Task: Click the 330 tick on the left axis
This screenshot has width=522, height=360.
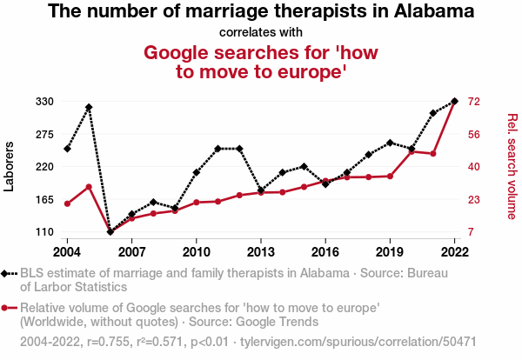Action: tap(43, 102)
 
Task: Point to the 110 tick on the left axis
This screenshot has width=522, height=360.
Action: tap(43, 232)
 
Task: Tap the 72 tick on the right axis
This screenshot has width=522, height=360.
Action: tap(473, 102)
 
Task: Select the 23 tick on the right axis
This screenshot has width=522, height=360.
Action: tap(473, 200)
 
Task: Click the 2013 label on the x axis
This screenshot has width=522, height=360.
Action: tap(261, 251)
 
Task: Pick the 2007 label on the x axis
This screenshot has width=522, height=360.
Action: tap(131, 251)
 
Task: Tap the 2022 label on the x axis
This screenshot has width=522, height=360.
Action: tap(455, 251)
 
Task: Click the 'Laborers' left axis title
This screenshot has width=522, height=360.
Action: tap(10, 166)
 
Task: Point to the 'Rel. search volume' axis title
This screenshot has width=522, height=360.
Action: tap(512, 166)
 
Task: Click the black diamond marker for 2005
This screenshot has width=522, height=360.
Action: tap(89, 107)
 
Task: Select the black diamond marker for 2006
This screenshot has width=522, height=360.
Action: tap(110, 231)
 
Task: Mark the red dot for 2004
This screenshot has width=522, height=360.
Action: tap(67, 203)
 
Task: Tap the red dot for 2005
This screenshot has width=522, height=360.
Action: tap(89, 186)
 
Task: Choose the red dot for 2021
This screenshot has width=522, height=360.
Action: tap(433, 154)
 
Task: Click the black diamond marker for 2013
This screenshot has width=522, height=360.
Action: tap(261, 190)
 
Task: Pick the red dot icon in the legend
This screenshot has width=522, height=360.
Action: tap(7, 308)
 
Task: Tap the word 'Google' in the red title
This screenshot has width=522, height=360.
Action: tap(177, 52)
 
